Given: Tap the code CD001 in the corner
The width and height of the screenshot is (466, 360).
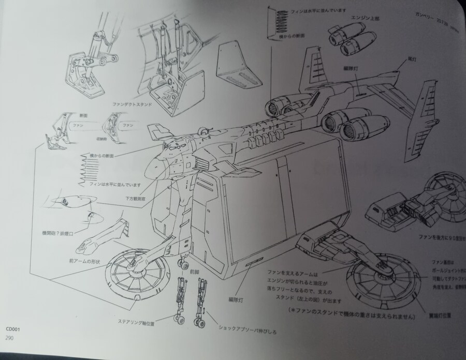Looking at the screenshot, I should tap(13, 328).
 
